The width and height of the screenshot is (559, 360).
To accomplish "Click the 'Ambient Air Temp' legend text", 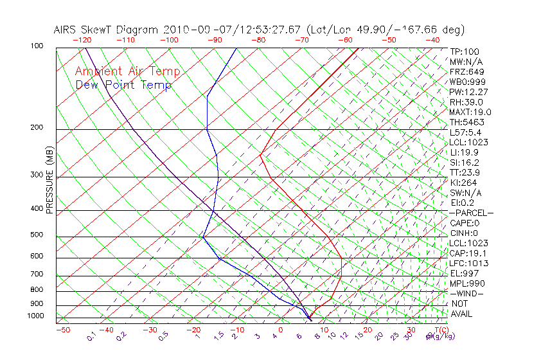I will point(127,72).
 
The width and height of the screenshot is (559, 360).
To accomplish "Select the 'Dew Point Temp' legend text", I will point(123,85).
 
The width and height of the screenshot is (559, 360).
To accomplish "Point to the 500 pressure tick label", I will point(37,235).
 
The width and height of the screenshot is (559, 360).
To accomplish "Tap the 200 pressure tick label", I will point(37,128).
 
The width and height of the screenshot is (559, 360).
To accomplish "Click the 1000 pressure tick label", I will point(35,316).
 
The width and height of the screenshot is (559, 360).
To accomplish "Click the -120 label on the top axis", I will point(82,40).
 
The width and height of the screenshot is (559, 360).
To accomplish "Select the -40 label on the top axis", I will point(432,40).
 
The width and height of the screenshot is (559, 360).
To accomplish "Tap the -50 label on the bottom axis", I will point(62,330).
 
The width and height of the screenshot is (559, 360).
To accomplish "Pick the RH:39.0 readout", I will point(466,102).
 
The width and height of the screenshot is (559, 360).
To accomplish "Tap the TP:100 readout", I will point(465,51).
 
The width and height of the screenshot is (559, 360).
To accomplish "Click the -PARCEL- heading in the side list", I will point(472,213).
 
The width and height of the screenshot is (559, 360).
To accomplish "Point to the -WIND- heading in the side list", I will point(467,294).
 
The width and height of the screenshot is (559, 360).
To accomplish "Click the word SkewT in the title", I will point(122,30).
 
